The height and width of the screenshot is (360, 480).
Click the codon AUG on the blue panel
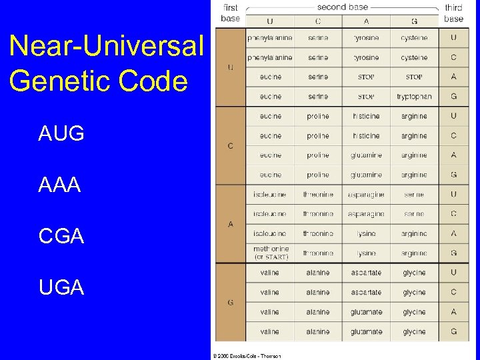[61, 134]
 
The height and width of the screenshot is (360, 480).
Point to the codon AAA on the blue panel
[60, 185]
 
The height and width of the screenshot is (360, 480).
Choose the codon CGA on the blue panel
[61, 236]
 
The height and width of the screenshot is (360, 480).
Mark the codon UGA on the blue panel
[61, 287]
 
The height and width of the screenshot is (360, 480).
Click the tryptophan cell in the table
[414, 97]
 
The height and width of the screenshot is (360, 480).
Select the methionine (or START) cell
[271, 253]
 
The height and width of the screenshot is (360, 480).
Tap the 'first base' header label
[230, 13]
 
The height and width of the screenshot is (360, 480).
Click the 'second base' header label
[342, 7]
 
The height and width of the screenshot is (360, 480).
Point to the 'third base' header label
[453, 13]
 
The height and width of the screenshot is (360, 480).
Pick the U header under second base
[270, 21]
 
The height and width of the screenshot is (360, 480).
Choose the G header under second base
[414, 21]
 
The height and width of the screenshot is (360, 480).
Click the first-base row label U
[230, 67]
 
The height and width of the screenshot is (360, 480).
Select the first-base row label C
[230, 146]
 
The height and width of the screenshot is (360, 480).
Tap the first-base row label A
[230, 224]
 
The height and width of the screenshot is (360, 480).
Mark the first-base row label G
[230, 302]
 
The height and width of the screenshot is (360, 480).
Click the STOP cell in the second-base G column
[414, 77]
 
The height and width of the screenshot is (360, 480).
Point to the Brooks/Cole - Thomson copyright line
[247, 355]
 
